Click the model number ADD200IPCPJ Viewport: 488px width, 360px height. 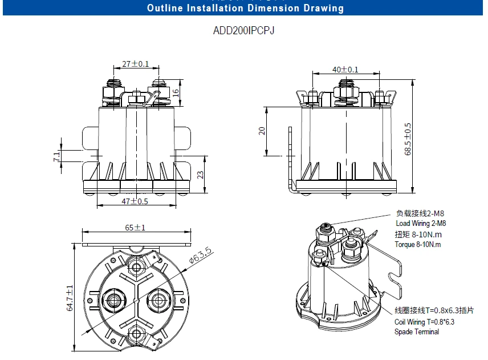(x=243, y=31)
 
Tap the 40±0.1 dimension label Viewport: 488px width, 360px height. (x=345, y=70)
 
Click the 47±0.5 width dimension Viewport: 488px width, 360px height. (x=135, y=201)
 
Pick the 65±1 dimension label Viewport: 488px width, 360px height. (x=135, y=227)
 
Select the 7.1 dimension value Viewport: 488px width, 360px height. (x=56, y=156)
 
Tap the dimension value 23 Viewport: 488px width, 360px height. (x=200, y=175)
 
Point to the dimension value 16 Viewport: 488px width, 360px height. (x=176, y=92)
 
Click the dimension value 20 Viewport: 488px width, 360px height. (x=262, y=131)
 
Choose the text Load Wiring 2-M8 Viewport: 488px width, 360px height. (x=421, y=224)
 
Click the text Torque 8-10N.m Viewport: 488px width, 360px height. (x=418, y=245)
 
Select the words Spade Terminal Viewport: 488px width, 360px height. (x=417, y=331)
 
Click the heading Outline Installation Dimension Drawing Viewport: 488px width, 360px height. (x=245, y=9)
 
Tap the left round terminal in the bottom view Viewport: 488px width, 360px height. (x=111, y=300)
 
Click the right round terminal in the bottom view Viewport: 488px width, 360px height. (x=159, y=300)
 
